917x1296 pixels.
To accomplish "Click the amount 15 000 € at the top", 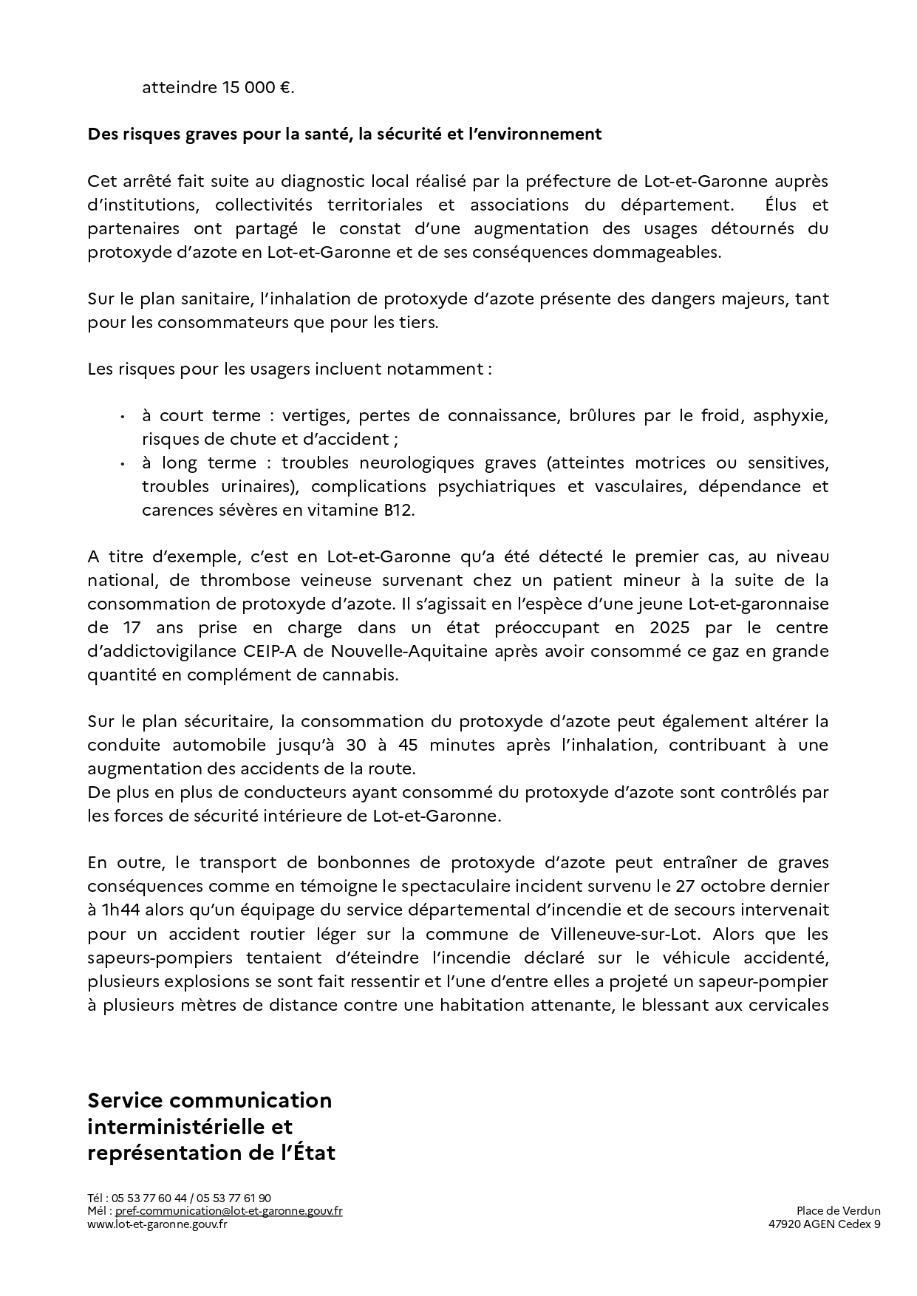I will tap(256, 88).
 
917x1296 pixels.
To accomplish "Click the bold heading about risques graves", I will tap(344, 134).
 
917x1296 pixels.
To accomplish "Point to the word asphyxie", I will tap(790, 415).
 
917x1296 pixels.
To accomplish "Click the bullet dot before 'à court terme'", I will tap(121, 417).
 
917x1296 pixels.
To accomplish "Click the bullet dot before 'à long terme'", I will tap(121, 464).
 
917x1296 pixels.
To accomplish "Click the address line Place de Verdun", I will tap(838, 1211).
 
